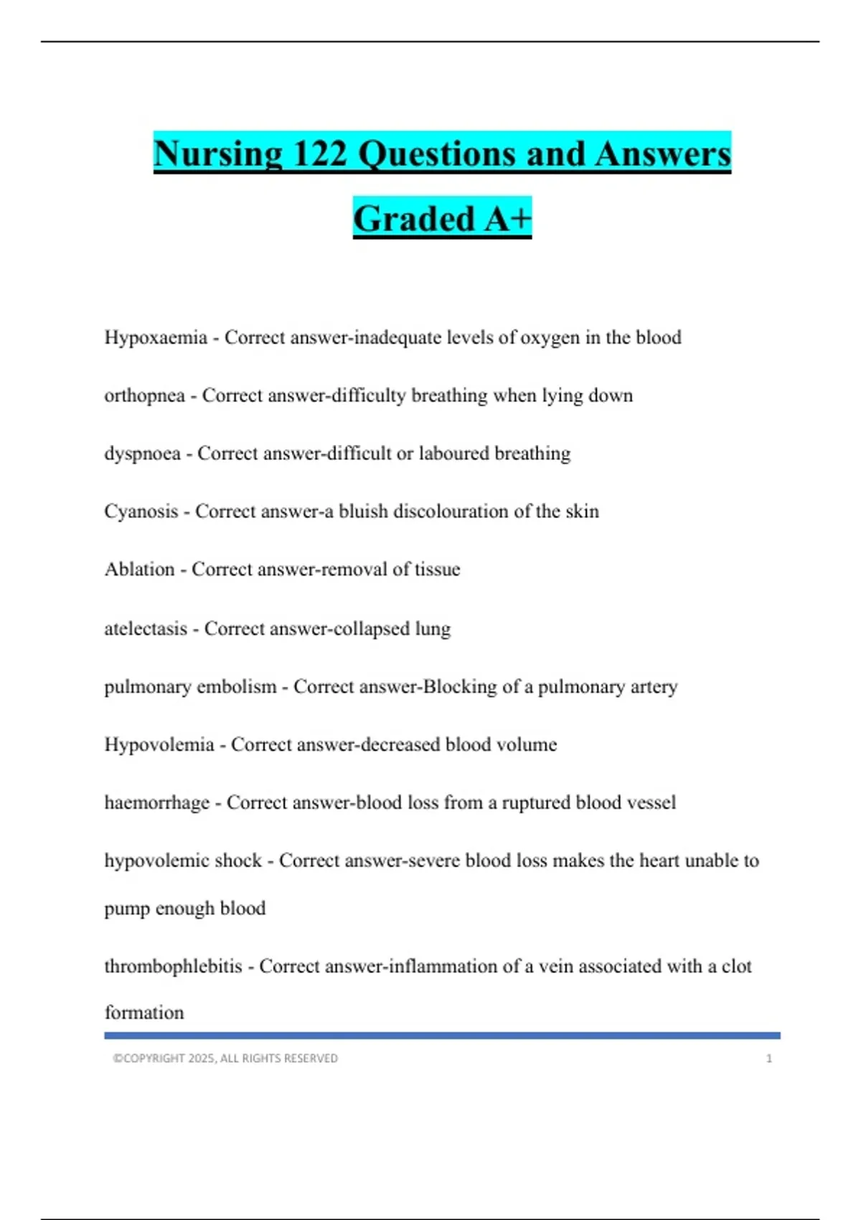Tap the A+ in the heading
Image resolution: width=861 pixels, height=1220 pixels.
click(x=507, y=219)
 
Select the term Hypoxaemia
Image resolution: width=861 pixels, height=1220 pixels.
click(x=156, y=337)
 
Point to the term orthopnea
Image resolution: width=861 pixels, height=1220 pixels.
click(x=144, y=395)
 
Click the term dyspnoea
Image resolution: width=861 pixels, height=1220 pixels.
click(x=142, y=454)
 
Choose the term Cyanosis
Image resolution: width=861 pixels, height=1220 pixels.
click(x=141, y=512)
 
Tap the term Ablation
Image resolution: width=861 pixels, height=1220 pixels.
click(x=139, y=570)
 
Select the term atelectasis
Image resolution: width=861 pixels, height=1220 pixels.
click(x=146, y=629)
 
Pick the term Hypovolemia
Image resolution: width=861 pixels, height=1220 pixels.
click(x=159, y=745)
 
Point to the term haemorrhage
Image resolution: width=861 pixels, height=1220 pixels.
click(x=157, y=802)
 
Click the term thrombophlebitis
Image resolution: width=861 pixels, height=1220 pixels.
click(x=173, y=967)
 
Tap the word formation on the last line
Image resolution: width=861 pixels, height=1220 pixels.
click(x=144, y=1013)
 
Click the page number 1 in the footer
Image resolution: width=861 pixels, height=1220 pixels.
click(x=768, y=1059)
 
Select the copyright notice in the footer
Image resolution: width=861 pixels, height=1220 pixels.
click(x=225, y=1059)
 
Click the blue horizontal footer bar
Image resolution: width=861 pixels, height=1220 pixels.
click(x=442, y=1036)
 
